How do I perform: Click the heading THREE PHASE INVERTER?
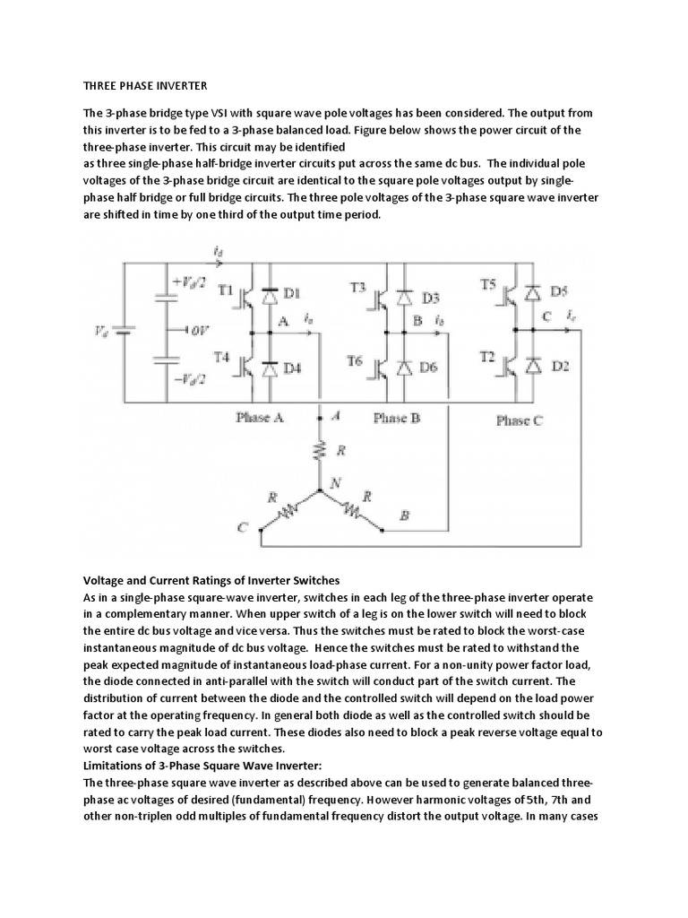point(145,86)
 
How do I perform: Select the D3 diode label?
point(431,297)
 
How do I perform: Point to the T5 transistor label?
point(488,284)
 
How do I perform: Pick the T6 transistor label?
point(356,362)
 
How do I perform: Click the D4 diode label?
point(293,367)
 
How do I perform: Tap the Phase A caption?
point(260,417)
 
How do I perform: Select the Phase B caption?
point(396,418)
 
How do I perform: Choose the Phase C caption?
point(519,420)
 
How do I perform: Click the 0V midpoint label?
point(198,329)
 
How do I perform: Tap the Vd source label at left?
point(100,329)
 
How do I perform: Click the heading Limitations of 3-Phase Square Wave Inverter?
point(209,765)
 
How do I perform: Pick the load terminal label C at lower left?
point(241,529)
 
